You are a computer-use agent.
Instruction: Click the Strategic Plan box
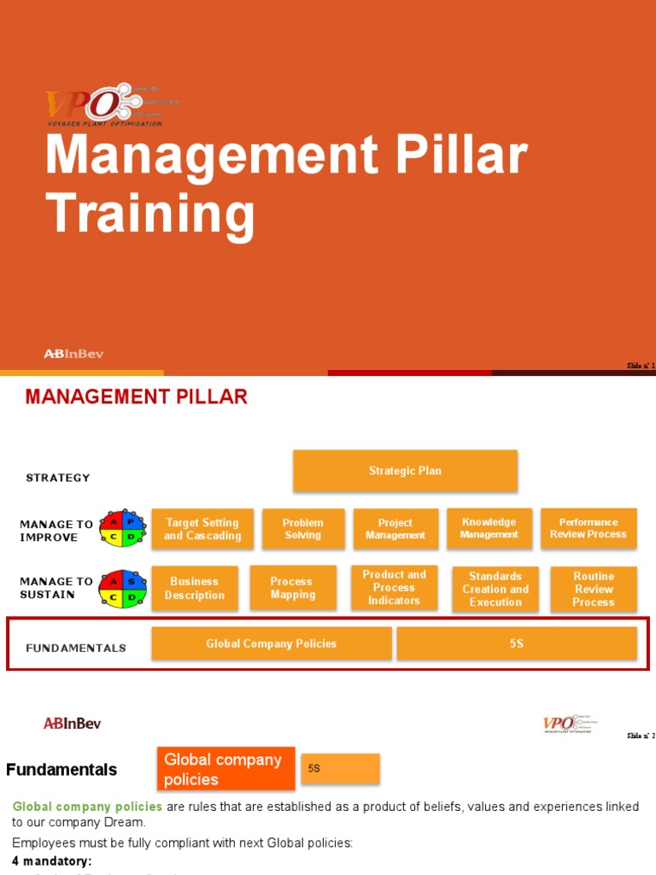(x=405, y=471)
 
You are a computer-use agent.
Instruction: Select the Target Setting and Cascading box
(x=202, y=529)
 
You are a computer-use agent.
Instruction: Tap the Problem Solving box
(x=303, y=529)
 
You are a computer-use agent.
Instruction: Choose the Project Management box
(x=395, y=529)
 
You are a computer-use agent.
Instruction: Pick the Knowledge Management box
(x=489, y=528)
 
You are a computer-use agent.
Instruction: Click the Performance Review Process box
(x=589, y=528)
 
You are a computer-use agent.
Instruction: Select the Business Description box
(x=195, y=588)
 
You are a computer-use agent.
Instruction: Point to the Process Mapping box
(x=292, y=588)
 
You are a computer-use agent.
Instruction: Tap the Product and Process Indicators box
(x=394, y=587)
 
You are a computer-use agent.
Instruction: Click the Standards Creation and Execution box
(x=495, y=589)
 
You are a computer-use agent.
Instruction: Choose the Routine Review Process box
(x=594, y=589)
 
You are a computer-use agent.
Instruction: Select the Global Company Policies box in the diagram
(x=272, y=643)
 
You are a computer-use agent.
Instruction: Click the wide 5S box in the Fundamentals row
(x=517, y=643)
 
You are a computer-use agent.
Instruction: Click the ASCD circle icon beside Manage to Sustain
(x=123, y=589)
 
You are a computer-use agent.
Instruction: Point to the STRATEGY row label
(x=58, y=478)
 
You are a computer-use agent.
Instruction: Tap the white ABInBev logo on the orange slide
(x=73, y=354)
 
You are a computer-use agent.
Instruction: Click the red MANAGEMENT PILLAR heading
(x=137, y=396)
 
